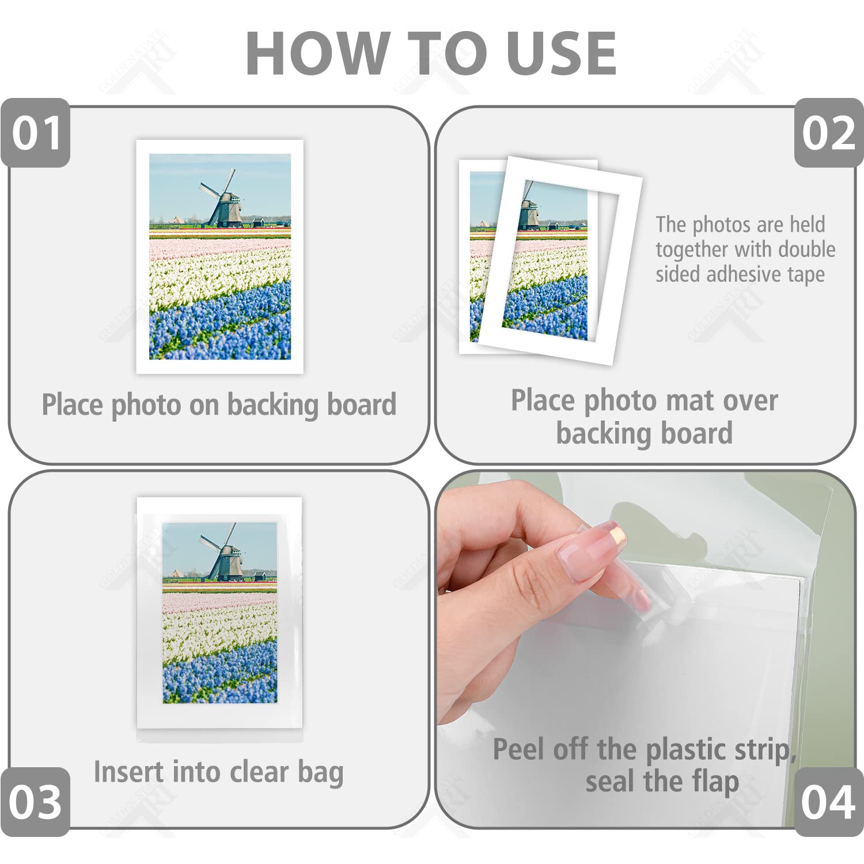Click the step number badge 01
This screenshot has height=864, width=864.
tap(36, 133)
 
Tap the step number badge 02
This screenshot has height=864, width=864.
tap(828, 133)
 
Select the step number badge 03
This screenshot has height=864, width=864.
tap(36, 801)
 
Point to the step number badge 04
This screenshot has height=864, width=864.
tap(828, 801)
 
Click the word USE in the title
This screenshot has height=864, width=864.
tap(562, 53)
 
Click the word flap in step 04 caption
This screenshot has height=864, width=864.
tap(715, 782)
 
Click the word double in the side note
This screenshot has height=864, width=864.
tap(806, 249)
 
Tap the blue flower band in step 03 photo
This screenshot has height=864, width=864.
tap(219, 674)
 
